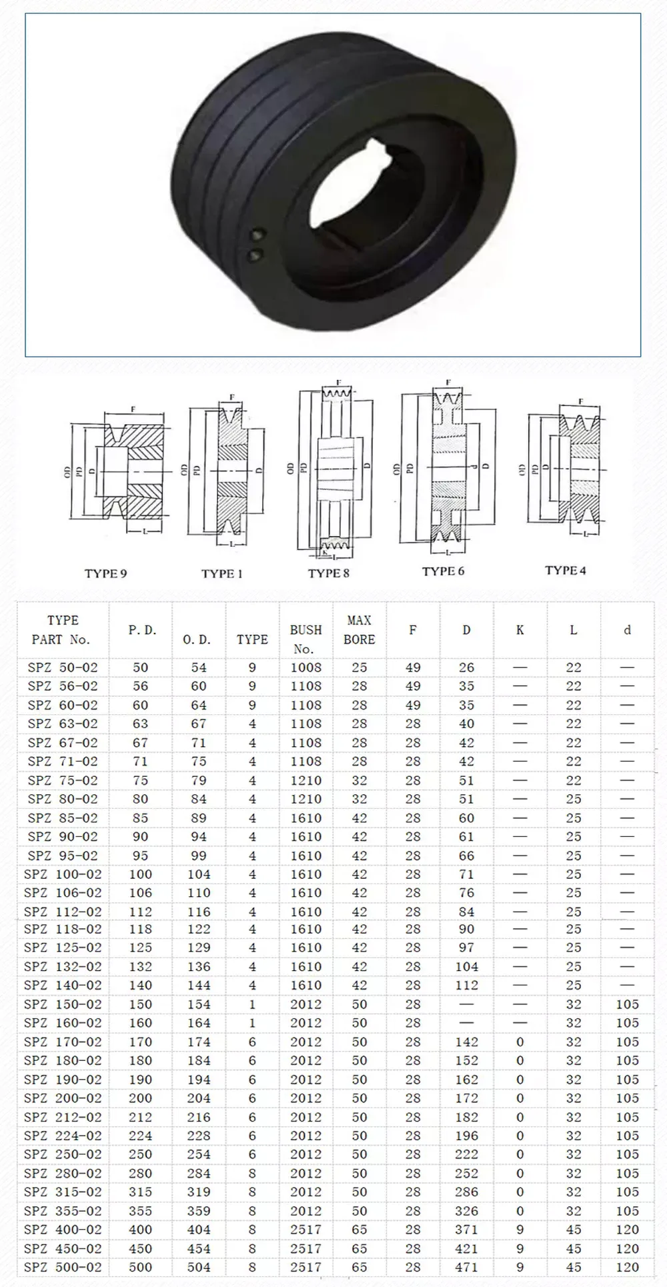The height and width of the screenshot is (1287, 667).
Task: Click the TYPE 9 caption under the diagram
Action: [105, 573]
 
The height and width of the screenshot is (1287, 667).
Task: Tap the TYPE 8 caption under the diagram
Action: [328, 573]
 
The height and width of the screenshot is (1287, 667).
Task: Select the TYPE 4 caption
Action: [565, 570]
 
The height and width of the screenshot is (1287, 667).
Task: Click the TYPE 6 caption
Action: [443, 571]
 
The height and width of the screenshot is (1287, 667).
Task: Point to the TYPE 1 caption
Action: [221, 573]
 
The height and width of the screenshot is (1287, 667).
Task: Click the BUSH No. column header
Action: [305, 639]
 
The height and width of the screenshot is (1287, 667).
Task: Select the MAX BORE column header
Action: [359, 629]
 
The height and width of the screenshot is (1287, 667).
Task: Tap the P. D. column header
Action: [141, 630]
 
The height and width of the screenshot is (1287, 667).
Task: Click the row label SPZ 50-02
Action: [63, 668]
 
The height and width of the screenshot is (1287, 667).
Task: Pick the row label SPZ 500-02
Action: [63, 1267]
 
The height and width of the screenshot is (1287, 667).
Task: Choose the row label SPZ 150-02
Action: [63, 1004]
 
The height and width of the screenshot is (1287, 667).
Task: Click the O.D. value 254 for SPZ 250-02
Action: [199, 1154]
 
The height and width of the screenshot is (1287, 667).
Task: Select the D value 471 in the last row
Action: [466, 1267]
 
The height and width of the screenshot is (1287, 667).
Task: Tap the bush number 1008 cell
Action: [305, 668]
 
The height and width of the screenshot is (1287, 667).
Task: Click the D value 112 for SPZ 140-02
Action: [466, 985]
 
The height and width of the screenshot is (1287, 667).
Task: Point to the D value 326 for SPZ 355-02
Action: [466, 1211]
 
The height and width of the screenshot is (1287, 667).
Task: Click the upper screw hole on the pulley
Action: [256, 235]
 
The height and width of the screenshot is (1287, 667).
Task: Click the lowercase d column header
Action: [626, 630]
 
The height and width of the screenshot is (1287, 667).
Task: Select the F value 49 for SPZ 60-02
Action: [413, 705]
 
